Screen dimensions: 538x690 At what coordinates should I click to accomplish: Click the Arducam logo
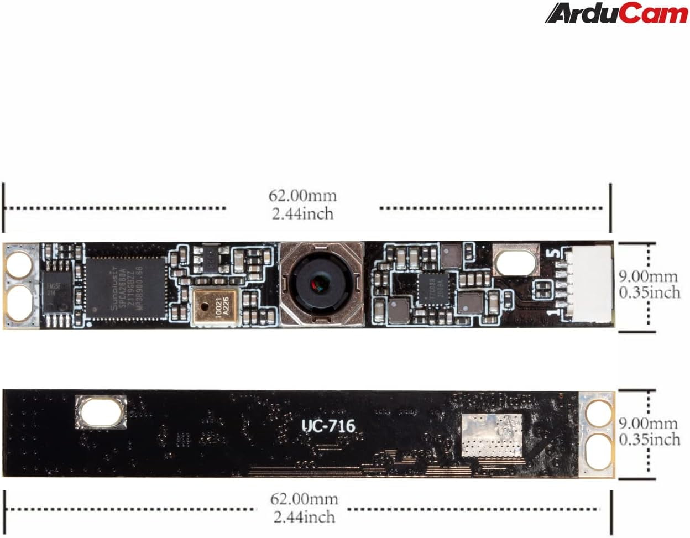(x=616, y=13)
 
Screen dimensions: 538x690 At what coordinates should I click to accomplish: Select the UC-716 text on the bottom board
(x=328, y=426)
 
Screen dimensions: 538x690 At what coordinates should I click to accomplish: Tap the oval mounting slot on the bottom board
(x=100, y=412)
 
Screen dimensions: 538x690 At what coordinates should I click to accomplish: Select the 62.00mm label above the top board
(x=302, y=195)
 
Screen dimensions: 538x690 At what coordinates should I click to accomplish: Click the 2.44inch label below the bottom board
(x=304, y=517)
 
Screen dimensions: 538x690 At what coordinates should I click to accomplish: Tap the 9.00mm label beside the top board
(x=647, y=276)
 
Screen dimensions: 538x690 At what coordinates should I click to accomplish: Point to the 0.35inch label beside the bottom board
(x=649, y=440)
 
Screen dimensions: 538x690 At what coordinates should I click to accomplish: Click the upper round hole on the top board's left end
(x=20, y=264)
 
